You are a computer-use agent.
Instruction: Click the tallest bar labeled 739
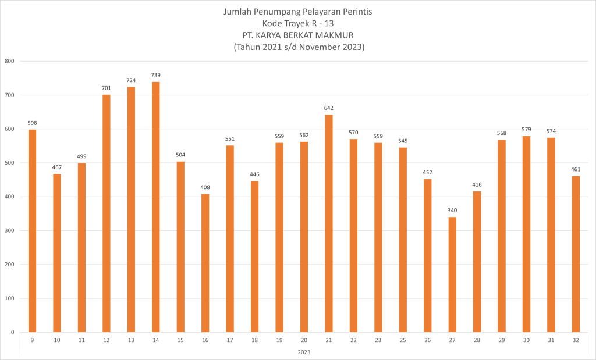pyautogui.click(x=155, y=206)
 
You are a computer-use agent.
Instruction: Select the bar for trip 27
pyautogui.click(x=452, y=275)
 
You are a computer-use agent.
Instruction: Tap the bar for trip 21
pyautogui.click(x=329, y=223)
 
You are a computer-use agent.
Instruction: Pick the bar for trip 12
pyautogui.click(x=106, y=213)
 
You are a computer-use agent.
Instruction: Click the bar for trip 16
pyautogui.click(x=205, y=263)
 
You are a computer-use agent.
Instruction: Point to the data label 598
pyautogui.click(x=32, y=123)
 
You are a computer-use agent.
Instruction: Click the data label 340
pyautogui.click(x=452, y=210)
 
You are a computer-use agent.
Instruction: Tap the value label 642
pyautogui.click(x=329, y=108)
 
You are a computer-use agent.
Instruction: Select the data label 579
pyautogui.click(x=526, y=129)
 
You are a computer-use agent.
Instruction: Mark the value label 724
pyautogui.click(x=131, y=80)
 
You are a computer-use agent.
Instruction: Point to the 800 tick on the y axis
pyautogui.click(x=9, y=61)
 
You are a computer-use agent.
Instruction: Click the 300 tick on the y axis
pyautogui.click(x=9, y=231)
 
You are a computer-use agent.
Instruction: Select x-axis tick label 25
pyautogui.click(x=403, y=341)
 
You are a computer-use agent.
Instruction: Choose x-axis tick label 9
pyautogui.click(x=32, y=341)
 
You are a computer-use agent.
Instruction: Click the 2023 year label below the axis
pyautogui.click(x=304, y=352)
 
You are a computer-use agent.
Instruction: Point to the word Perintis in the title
pyautogui.click(x=357, y=12)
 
